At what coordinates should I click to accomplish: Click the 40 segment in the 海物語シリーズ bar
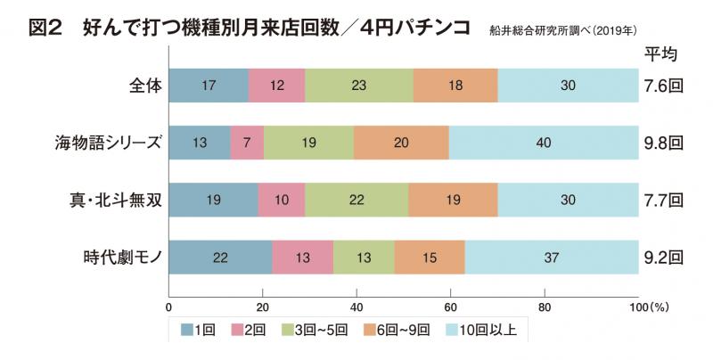pyautogui.click(x=544, y=142)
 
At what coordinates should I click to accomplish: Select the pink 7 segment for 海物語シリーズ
pyautogui.click(x=247, y=142)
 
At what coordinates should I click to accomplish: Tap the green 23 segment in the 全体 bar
pyautogui.click(x=359, y=86)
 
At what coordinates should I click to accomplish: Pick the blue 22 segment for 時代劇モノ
pyautogui.click(x=220, y=258)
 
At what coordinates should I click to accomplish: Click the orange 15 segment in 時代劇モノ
pyautogui.click(x=430, y=258)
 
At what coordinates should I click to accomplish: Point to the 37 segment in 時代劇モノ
pyautogui.click(x=551, y=258)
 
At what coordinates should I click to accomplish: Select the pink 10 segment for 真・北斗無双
pyautogui.click(x=282, y=200)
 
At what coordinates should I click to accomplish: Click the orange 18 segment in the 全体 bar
pyautogui.click(x=455, y=86)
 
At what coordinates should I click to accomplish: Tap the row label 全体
pyautogui.click(x=143, y=87)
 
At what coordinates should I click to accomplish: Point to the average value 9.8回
pyautogui.click(x=664, y=142)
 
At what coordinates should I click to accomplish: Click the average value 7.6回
pyautogui.click(x=664, y=86)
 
